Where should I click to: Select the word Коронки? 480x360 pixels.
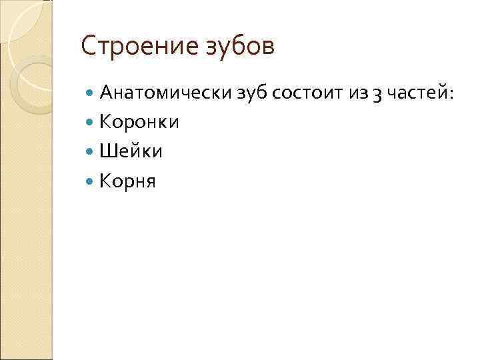[x=139, y=123]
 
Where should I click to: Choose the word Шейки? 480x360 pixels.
[x=131, y=151]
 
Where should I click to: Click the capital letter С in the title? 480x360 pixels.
[x=87, y=47]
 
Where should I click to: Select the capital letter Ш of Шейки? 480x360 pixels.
[x=107, y=151]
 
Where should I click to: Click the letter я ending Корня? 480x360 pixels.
[x=150, y=181]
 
